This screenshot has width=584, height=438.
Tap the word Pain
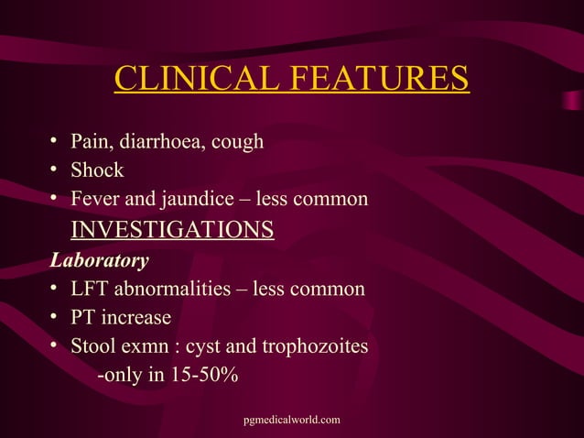pyautogui.click(x=91, y=142)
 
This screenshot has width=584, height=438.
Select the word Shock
pyautogui.click(x=97, y=170)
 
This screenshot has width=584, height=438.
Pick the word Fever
pyautogui.click(x=95, y=199)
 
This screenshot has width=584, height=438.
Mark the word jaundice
pyautogui.click(x=197, y=200)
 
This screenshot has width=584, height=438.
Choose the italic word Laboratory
pyautogui.click(x=99, y=261)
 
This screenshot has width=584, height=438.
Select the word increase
pyautogui.click(x=137, y=318)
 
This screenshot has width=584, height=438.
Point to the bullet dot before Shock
pyautogui.click(x=56, y=170)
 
